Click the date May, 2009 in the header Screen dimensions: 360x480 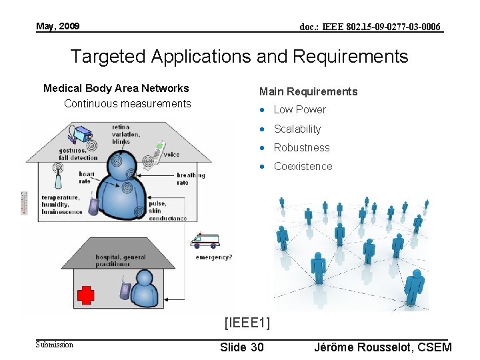pyautogui.click(x=58, y=26)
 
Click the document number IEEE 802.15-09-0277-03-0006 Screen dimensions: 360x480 pyautogui.click(x=370, y=27)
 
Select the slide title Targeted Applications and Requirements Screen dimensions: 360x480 pyautogui.click(x=239, y=57)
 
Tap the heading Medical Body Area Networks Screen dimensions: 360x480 pyautogui.click(x=116, y=88)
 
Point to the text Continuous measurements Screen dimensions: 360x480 pyautogui.click(x=127, y=103)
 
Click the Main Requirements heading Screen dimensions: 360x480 pyautogui.click(x=308, y=91)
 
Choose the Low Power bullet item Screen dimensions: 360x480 pyautogui.click(x=300, y=109)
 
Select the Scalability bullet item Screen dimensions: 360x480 pyautogui.click(x=297, y=129)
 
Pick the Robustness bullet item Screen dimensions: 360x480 pyautogui.click(x=302, y=147)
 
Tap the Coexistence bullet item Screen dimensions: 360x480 pyautogui.click(x=303, y=166)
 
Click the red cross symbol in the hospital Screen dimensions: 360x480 pyautogui.click(x=86, y=294)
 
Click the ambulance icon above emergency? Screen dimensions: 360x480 pyautogui.click(x=204, y=241)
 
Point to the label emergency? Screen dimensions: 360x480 pyautogui.click(x=213, y=257)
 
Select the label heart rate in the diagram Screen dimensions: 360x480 pyautogui.click(x=85, y=177)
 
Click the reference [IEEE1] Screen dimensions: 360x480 pyautogui.click(x=247, y=323)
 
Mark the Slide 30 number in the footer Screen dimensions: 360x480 pyautogui.click(x=241, y=347)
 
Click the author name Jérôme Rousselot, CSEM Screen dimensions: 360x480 pyautogui.click(x=382, y=347)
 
